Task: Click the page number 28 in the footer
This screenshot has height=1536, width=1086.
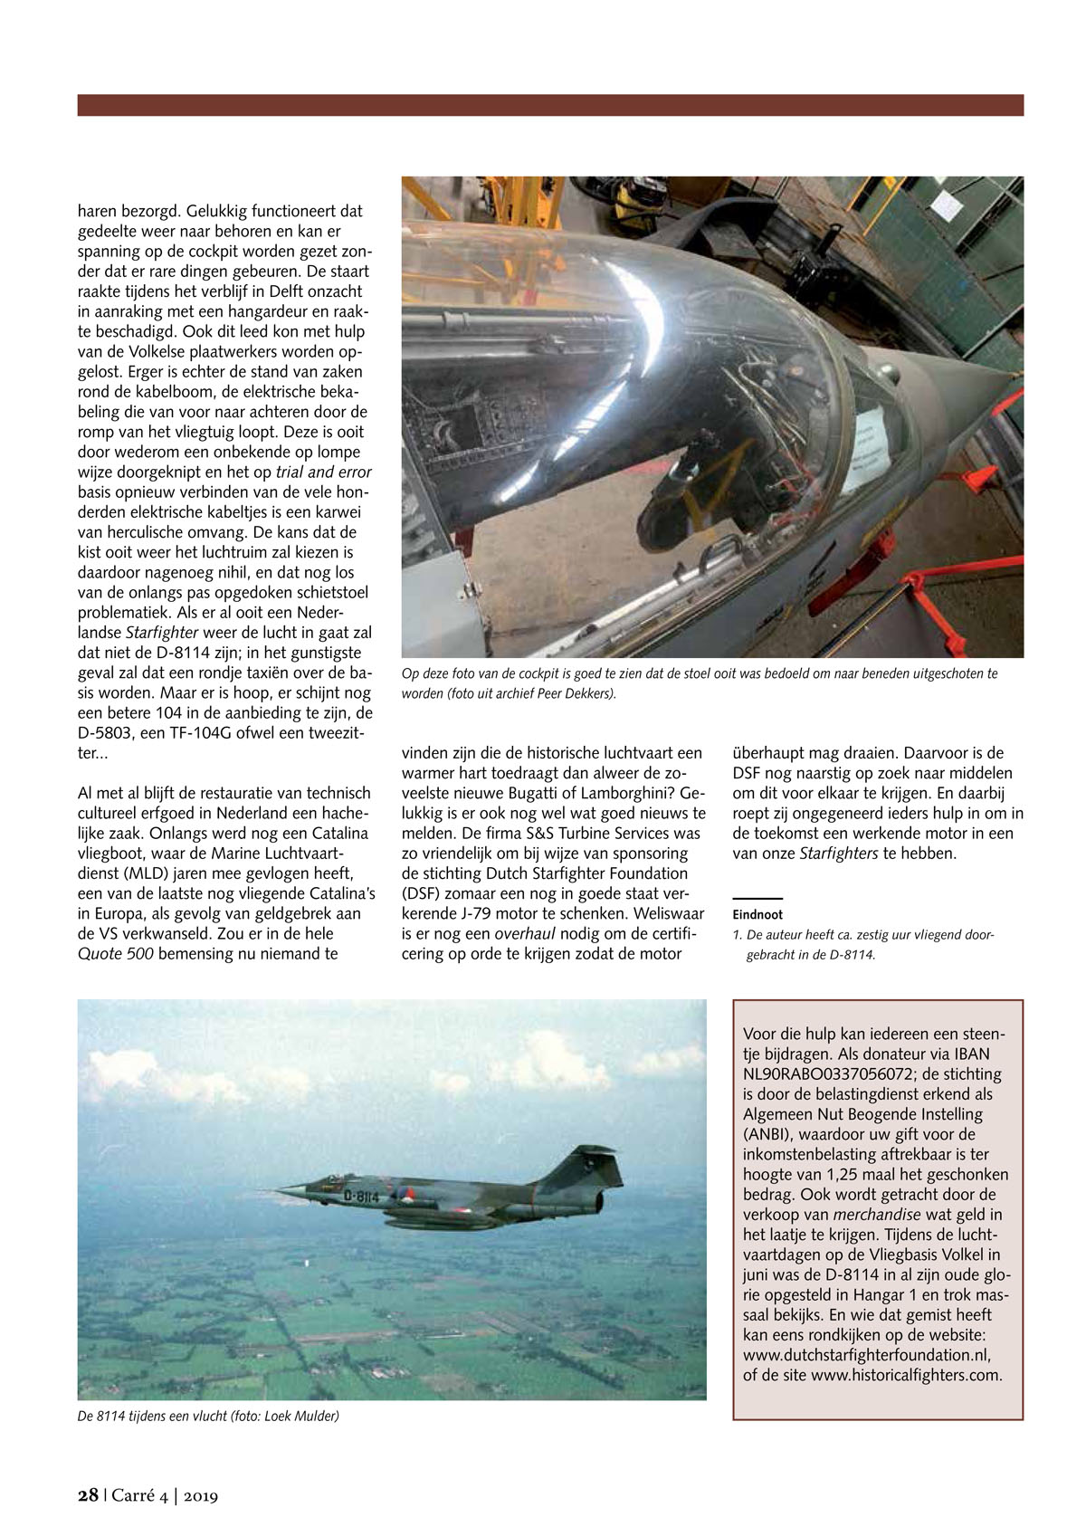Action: tap(88, 1495)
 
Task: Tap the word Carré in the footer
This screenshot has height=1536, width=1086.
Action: tap(135, 1495)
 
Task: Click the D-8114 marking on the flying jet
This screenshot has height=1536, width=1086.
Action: tap(361, 1196)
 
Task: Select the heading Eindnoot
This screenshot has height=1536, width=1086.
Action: tap(757, 914)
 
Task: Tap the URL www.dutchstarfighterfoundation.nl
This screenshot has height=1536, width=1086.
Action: tap(866, 1355)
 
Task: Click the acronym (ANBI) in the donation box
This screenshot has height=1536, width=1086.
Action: tap(768, 1134)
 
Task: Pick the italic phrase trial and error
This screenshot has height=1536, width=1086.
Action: tap(323, 472)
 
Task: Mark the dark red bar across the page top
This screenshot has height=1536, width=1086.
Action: tap(550, 105)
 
